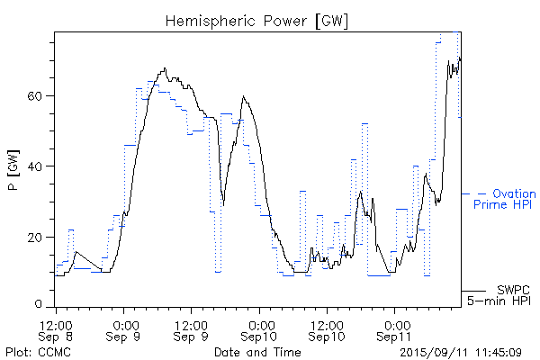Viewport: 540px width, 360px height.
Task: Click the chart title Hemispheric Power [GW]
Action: pos(256,20)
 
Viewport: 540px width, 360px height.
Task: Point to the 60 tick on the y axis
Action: pos(40,95)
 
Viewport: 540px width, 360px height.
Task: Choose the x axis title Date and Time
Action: pos(256,352)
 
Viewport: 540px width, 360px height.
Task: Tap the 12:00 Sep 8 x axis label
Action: pos(57,329)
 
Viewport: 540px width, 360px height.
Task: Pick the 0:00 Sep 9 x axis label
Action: pos(124,329)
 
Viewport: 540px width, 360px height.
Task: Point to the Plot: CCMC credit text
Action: pos(32,352)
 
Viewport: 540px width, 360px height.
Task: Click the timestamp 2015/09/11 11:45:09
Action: pos(463,352)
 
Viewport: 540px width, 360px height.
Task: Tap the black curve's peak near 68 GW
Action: pos(165,68)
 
